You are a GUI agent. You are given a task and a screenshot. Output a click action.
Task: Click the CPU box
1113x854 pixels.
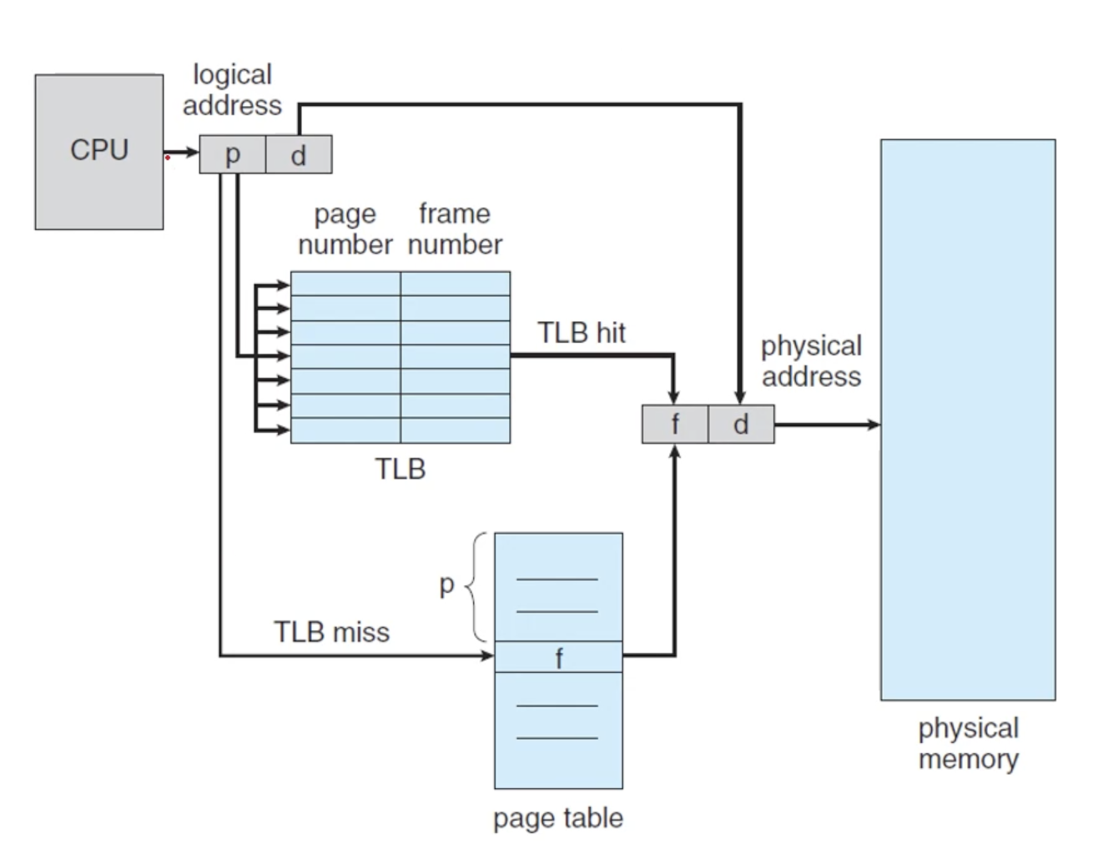click(98, 151)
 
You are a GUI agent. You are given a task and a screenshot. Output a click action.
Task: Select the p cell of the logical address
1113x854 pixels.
click(232, 154)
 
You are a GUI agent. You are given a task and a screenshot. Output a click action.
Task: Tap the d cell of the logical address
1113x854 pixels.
click(299, 154)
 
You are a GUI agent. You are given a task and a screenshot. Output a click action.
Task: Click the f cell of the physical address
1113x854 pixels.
click(675, 424)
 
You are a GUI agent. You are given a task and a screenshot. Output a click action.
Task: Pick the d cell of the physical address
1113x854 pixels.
click(741, 424)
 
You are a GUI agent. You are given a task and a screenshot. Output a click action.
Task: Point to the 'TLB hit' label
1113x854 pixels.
click(582, 333)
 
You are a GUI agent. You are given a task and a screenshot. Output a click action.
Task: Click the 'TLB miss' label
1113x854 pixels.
click(331, 632)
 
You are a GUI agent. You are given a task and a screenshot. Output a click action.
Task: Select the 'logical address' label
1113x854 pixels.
click(232, 90)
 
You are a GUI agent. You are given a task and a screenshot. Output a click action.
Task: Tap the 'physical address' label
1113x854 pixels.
click(811, 361)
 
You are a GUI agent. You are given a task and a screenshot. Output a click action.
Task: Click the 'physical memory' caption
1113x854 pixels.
click(968, 744)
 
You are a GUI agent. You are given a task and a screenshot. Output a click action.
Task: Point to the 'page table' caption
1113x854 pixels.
click(557, 818)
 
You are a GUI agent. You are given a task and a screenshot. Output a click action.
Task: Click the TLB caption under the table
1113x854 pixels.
click(400, 470)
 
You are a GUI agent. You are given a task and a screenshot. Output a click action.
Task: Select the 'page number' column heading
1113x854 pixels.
click(345, 229)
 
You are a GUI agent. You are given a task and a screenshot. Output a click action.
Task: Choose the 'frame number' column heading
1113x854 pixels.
click(455, 229)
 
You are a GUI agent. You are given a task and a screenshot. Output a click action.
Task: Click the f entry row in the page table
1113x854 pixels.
click(558, 657)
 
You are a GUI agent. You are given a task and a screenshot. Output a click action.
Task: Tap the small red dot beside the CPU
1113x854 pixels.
click(168, 157)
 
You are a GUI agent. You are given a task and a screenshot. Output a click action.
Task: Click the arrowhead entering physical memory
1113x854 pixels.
click(874, 424)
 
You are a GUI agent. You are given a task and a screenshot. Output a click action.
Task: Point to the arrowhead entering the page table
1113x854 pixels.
click(488, 656)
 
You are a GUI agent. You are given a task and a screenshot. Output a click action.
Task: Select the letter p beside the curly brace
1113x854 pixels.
click(447, 585)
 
